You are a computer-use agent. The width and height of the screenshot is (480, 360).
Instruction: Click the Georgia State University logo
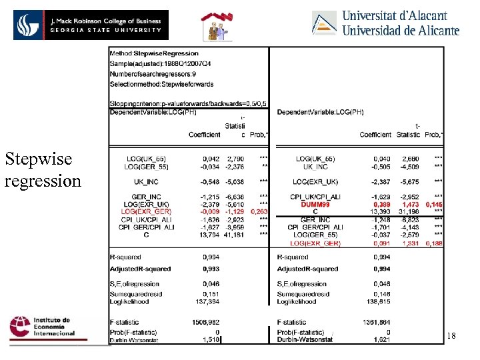point(91,25)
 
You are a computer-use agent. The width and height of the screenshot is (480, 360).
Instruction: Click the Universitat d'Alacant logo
point(386,21)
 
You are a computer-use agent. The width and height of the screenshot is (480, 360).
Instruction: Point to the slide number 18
point(451,337)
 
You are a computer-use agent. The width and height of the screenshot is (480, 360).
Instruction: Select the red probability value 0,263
point(258,211)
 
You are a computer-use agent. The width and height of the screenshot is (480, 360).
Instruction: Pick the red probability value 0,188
point(434,243)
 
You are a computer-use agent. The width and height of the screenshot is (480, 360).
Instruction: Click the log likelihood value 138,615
point(378,302)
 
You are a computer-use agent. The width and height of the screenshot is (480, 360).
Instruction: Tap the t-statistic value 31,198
point(409,212)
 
